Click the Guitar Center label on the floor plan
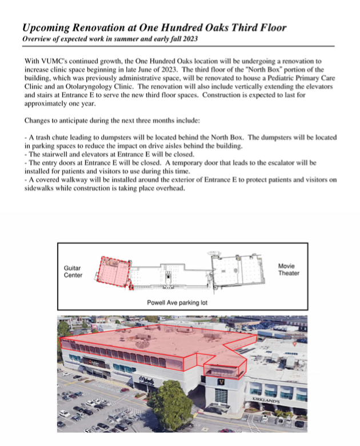(73, 271)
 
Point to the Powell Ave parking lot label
(173, 302)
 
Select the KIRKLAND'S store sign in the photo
(266, 400)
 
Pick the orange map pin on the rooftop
(294, 344)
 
